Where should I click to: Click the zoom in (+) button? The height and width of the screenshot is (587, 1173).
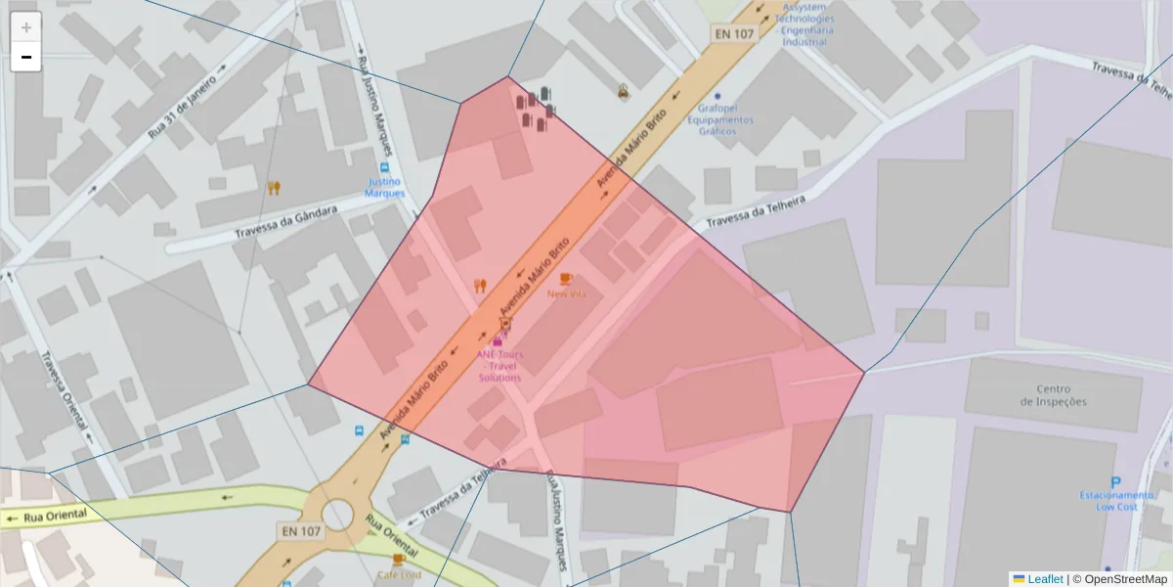coord(26,27)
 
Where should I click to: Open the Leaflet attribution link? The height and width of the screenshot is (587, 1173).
coord(1044,579)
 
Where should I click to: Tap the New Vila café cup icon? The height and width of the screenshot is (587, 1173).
coord(566,279)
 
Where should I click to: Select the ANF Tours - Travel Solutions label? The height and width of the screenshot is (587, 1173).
coord(500,366)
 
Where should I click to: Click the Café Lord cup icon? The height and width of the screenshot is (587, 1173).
coord(398,560)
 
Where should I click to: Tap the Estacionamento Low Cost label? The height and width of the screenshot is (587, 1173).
coord(1117,501)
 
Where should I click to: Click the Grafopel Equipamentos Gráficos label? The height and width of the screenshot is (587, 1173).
coord(719,119)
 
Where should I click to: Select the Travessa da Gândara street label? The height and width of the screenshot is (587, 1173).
coord(286,222)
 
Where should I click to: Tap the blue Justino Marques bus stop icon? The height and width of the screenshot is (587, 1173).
coord(385,168)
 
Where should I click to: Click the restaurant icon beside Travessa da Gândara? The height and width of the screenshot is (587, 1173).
coord(274,188)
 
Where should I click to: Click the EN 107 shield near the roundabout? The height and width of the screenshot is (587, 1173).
coord(301,531)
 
